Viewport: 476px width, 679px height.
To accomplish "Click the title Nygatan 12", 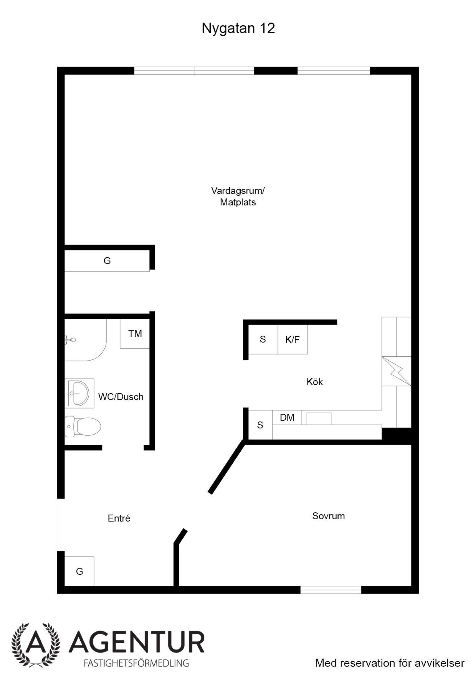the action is coord(238,29).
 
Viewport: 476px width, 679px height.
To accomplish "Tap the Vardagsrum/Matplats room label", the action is coord(238,196).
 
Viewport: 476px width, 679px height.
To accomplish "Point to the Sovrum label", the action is coord(328,516).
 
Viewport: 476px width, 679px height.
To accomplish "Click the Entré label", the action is coord(119,518).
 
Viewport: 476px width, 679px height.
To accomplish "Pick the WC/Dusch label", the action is coord(121,397).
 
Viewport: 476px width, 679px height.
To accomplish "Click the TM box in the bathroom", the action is coord(135,334).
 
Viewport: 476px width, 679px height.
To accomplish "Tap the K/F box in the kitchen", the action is coord(292,339).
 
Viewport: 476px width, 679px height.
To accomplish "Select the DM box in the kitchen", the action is coord(287,417).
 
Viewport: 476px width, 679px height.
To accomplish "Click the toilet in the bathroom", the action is coord(83,427).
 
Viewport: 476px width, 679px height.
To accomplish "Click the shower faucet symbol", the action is coord(70,339).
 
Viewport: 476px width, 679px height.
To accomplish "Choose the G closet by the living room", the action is coord(107,260).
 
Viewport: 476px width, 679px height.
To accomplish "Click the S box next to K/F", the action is coord(263,339).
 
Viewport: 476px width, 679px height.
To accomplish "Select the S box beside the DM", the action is coord(260,425).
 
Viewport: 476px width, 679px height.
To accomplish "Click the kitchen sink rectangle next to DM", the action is coord(319,419).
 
